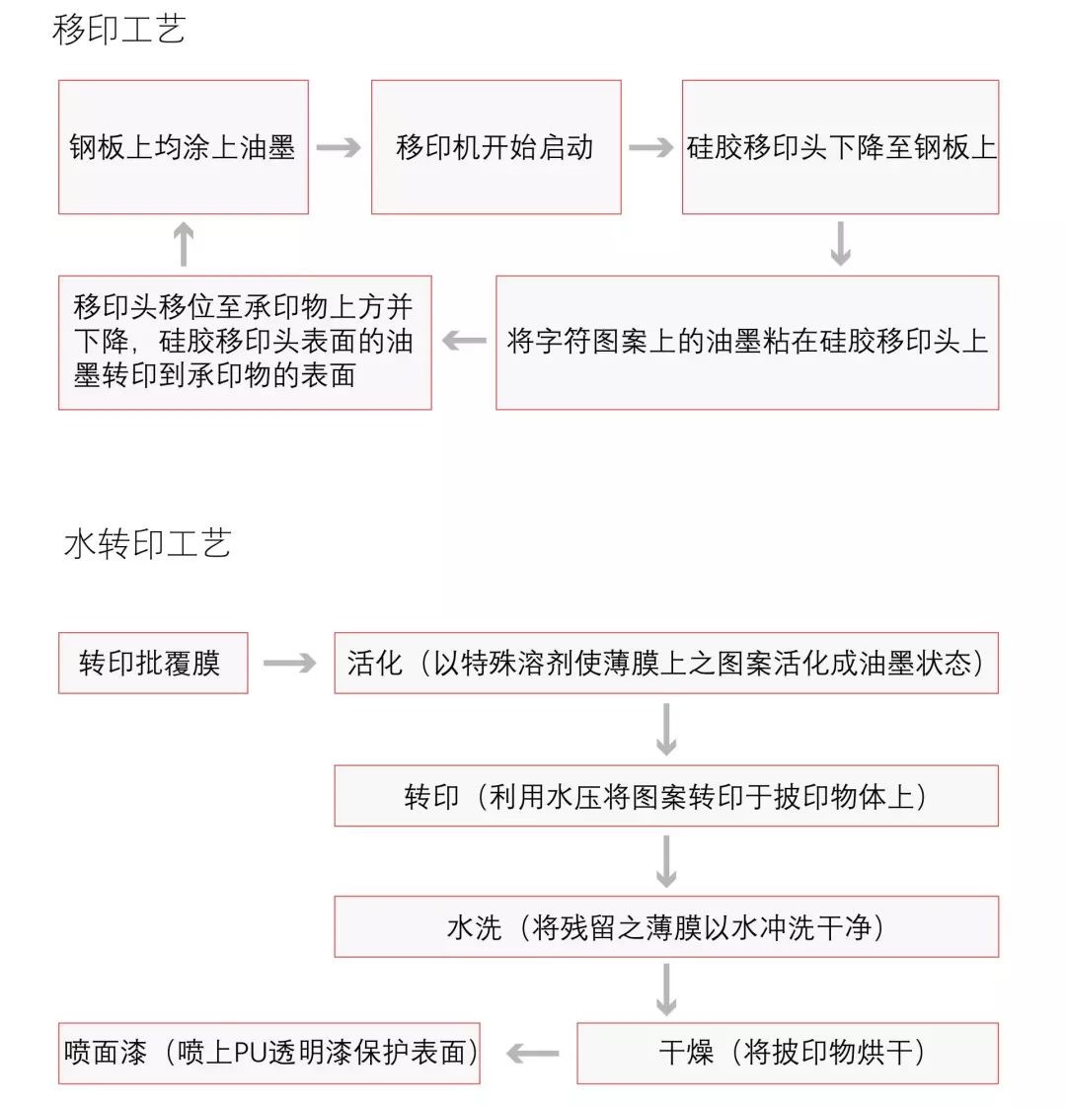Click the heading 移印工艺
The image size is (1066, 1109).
pos(118,30)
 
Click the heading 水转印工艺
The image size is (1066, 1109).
pos(147,543)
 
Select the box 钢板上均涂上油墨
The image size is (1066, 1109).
pos(184,147)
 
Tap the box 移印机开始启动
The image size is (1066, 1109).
pos(495,147)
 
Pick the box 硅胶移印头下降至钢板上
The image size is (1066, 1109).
pos(840,147)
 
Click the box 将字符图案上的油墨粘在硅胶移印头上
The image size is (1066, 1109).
pos(747,342)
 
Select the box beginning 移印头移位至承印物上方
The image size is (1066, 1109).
pos(245,342)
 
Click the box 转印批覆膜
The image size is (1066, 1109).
pos(153,663)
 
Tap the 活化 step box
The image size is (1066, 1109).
pos(666,663)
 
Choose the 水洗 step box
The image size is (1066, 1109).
pos(666,927)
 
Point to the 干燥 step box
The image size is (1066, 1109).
pos(788,1053)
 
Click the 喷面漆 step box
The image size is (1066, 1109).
pos(269,1053)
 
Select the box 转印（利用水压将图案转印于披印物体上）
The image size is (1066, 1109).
pos(666,796)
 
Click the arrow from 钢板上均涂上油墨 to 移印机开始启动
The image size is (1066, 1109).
pos(340,148)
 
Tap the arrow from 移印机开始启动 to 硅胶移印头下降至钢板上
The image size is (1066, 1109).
pos(651,148)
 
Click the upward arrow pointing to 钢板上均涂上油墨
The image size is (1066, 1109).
pos(184,244)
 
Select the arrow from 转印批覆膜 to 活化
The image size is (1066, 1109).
pos(290,663)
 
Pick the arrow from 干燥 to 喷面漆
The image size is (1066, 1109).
pos(533,1054)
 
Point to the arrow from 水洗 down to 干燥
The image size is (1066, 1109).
pos(666,990)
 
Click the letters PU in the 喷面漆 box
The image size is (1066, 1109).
pos(247,1054)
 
